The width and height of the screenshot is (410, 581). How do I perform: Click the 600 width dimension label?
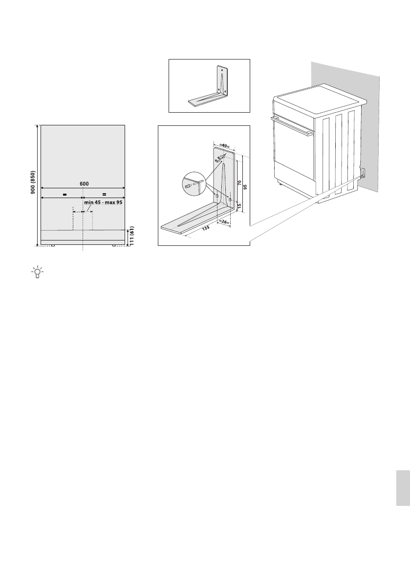pos(84,183)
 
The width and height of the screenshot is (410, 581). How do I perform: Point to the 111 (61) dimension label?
pos(132,237)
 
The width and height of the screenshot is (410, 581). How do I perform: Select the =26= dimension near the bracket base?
pos(224,222)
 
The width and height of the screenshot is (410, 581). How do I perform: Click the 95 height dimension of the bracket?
pos(245,186)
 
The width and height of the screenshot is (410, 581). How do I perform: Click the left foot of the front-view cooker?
pos(53,245)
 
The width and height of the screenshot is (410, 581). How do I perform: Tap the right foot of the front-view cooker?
pos(114,245)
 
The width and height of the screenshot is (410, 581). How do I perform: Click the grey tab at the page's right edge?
pos(402,488)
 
